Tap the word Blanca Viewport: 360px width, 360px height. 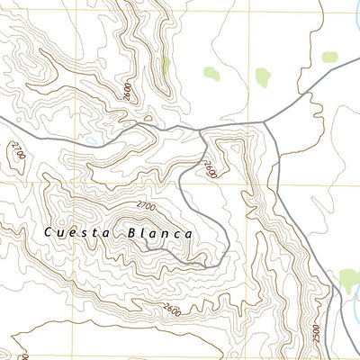(161, 233)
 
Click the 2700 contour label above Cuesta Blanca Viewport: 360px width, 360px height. (147, 207)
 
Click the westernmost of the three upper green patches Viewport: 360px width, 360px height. (211, 75)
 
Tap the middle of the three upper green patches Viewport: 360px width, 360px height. (263, 76)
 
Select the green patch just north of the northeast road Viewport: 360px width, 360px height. (329, 58)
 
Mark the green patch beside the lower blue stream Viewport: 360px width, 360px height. (348, 279)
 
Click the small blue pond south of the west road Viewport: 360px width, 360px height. (90, 141)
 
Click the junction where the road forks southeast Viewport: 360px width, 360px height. (267, 121)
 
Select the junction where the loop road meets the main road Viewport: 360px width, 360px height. (200, 129)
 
